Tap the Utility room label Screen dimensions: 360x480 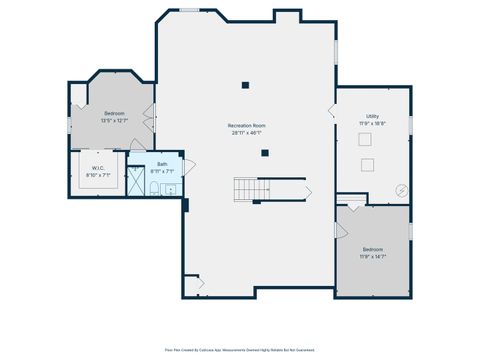372,118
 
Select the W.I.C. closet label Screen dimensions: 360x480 98,171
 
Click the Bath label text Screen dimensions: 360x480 162,168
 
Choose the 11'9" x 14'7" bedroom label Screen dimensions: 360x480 372,252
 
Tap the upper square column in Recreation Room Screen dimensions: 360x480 245,85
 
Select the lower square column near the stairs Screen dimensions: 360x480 265,153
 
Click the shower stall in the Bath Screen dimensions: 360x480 134,180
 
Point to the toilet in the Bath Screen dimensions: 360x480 170,189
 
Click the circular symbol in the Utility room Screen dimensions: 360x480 401,188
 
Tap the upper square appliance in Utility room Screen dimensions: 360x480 368,141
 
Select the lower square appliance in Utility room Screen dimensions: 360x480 368,163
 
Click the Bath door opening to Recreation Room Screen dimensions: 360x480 188,167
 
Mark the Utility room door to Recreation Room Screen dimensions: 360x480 333,111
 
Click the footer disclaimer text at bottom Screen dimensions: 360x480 240,350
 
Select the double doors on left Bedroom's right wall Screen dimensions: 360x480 150,116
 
